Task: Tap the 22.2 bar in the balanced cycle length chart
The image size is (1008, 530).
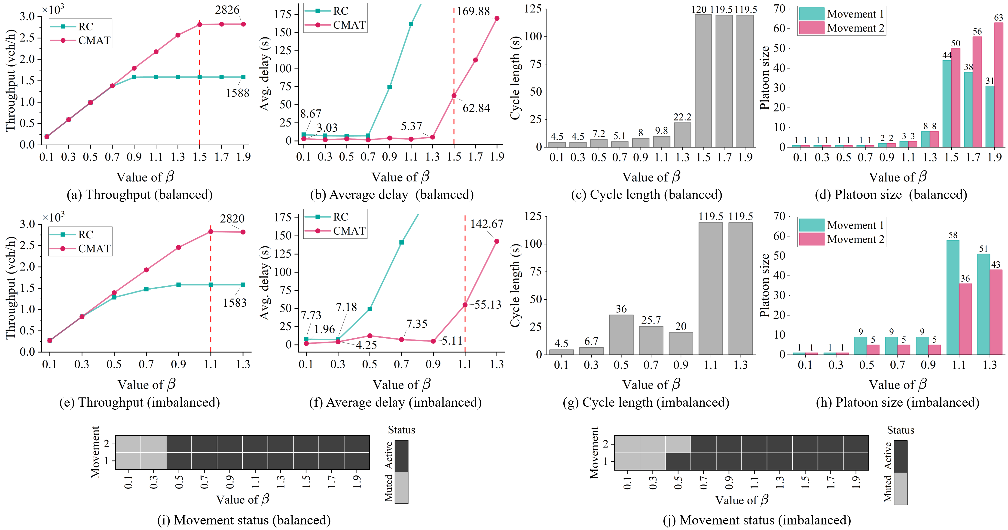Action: point(682,135)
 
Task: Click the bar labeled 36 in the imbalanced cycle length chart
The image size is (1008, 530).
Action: point(621,334)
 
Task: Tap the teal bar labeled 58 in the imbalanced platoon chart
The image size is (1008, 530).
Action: point(953,297)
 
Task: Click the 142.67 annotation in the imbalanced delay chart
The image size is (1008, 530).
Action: point(486,224)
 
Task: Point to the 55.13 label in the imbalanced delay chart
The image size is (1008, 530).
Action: point(488,305)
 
